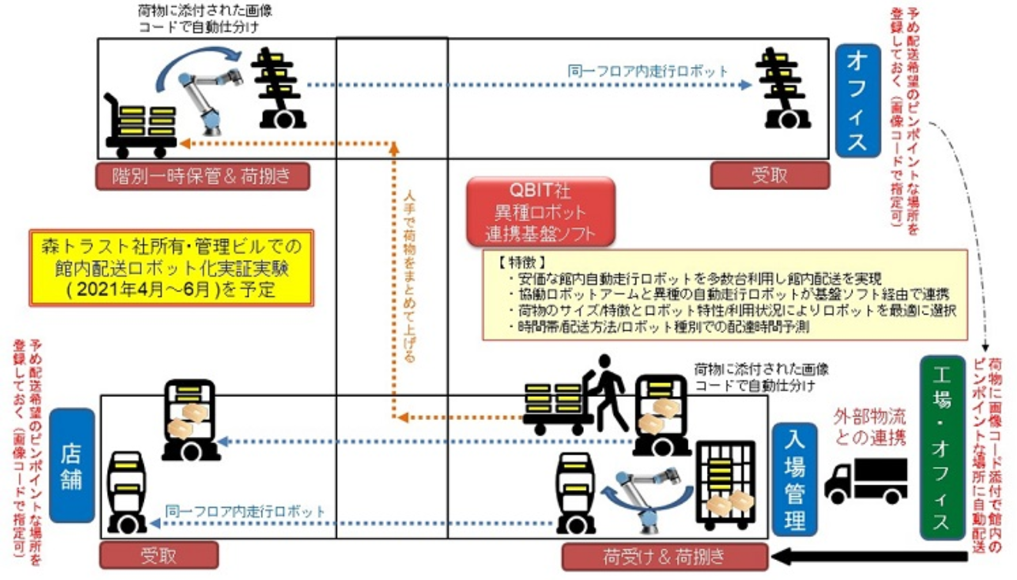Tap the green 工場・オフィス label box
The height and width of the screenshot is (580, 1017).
[x=942, y=446]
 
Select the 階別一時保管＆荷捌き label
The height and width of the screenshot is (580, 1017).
[x=202, y=176]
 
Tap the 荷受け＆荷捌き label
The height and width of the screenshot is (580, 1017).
[x=665, y=556]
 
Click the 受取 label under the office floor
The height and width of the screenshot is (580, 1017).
[x=769, y=175]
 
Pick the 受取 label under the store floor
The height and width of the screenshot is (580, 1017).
[x=158, y=555]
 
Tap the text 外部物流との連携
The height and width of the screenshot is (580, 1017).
[x=870, y=428]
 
